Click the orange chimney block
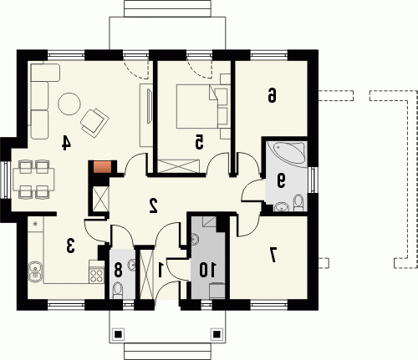tap(102, 167)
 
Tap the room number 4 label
tap(66, 143)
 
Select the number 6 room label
tap(272, 95)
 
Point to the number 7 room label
tap(273, 256)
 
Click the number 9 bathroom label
tap(281, 180)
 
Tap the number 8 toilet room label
tap(118, 270)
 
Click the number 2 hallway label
tap(153, 205)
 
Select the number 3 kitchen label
tap(70, 246)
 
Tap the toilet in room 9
tap(298, 203)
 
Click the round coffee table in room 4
tap(69, 104)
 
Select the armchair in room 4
tap(94, 123)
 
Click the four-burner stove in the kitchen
tap(96, 275)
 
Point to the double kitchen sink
tap(35, 271)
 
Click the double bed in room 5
tap(197, 106)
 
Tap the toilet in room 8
tap(118, 291)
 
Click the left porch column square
tap(118, 333)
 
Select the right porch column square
tap(217, 333)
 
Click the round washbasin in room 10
tap(195, 239)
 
